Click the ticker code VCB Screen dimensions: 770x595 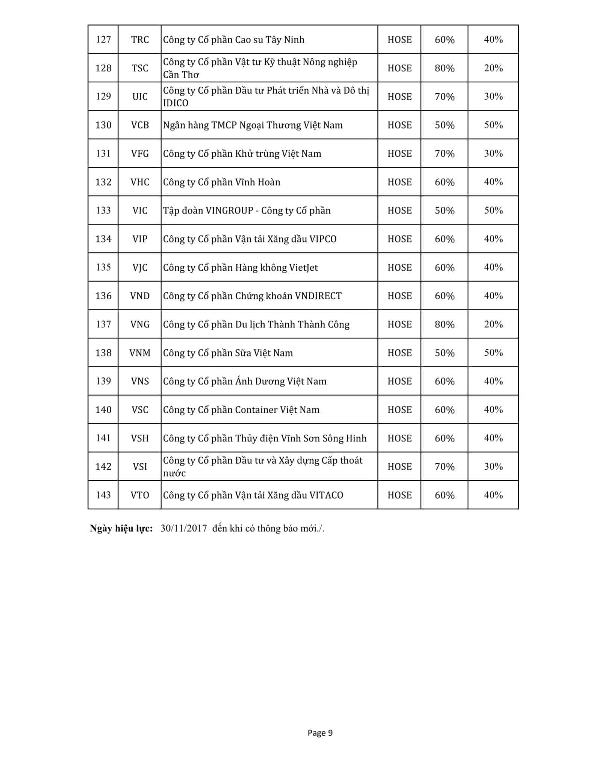tap(140, 125)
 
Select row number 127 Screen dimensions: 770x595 tap(103, 40)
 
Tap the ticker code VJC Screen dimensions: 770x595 tap(140, 268)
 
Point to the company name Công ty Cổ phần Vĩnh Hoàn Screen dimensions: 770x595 tap(221, 182)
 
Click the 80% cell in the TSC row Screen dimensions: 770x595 tap(444, 68)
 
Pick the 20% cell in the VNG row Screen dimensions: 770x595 tap(493, 324)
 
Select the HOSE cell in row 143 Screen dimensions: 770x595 tap(399, 495)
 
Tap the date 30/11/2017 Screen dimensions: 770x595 tap(184, 528)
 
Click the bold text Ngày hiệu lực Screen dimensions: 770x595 tap(121, 528)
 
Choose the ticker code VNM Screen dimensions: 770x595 tap(140, 353)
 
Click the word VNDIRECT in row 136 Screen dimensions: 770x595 tap(318, 296)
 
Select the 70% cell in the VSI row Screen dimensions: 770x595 tap(444, 467)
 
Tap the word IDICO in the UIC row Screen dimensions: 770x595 tap(176, 103)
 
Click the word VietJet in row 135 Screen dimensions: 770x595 tap(303, 268)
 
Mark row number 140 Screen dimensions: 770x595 tap(103, 410)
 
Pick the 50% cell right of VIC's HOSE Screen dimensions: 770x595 tap(444, 211)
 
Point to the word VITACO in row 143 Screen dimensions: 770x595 tap(326, 495)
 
